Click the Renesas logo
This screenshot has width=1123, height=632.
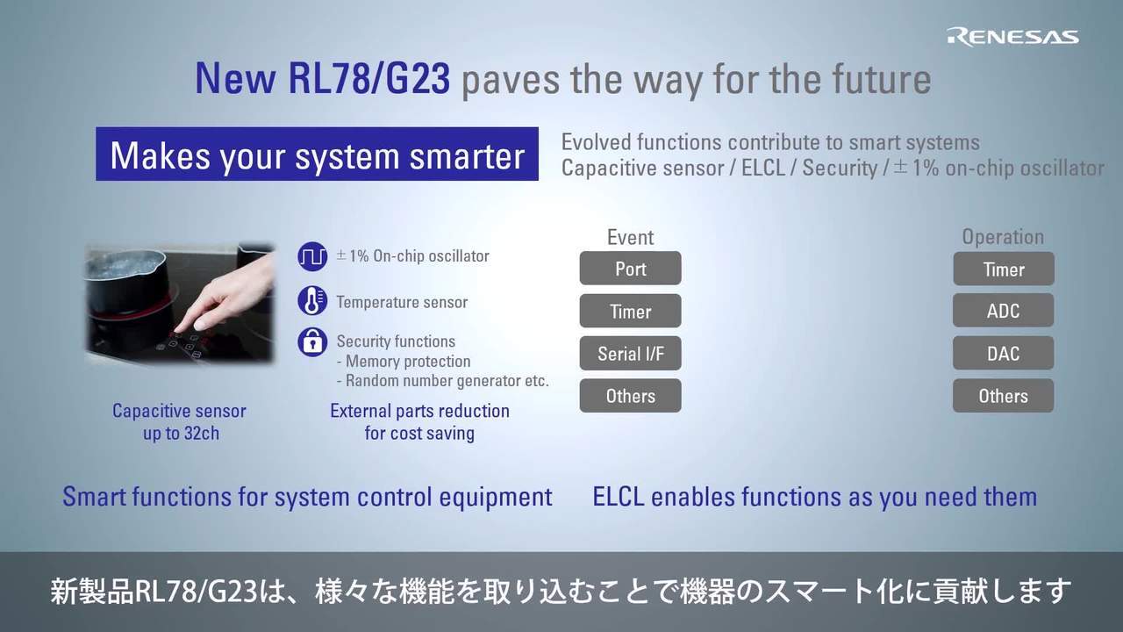[1012, 38]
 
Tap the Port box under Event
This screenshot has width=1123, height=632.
[630, 269]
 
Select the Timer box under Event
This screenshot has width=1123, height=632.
[630, 311]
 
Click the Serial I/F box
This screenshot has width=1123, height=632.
[630, 353]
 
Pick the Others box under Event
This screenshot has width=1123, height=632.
[630, 396]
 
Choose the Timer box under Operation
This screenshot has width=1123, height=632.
[1004, 269]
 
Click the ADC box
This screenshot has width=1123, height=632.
[1003, 311]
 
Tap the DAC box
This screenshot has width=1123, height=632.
[1003, 353]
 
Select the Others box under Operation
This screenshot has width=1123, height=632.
[1003, 396]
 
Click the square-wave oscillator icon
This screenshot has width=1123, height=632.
[312, 256]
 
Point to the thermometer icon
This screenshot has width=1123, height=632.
[312, 301]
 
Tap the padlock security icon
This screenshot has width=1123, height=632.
[312, 342]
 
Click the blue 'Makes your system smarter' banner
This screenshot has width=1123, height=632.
[317, 154]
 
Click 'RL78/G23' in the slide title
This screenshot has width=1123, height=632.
[369, 79]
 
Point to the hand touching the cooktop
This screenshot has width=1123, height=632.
[225, 296]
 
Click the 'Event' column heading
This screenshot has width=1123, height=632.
[630, 237]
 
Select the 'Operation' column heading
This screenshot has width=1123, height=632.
[1003, 237]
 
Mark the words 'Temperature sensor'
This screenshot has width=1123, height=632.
[402, 302]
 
